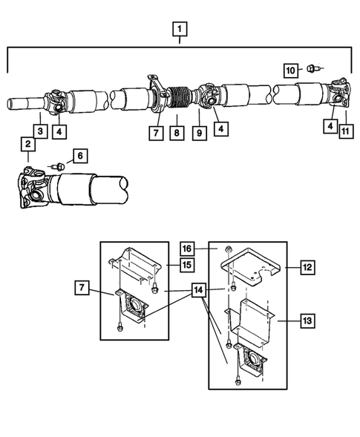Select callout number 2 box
point(27,144)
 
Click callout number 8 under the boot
point(177,134)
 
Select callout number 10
point(291,70)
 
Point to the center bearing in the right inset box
point(251,362)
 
